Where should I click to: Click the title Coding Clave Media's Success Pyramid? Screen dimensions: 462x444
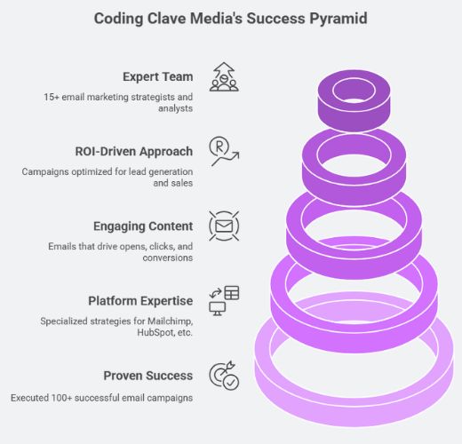coord(231,19)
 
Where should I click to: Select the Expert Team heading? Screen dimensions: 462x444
coord(158,77)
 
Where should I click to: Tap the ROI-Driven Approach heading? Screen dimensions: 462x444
coord(134,152)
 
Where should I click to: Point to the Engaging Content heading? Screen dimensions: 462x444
coord(143,226)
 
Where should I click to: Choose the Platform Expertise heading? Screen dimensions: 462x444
coord(140,301)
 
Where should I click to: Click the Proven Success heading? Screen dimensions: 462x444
coord(148,376)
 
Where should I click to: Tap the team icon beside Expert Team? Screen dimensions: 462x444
coord(224,77)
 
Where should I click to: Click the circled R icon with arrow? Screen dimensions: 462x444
coord(224,151)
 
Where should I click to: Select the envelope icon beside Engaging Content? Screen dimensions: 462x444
coord(224,226)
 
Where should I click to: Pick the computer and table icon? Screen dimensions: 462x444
coord(224,301)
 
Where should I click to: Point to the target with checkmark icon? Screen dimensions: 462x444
coord(224,376)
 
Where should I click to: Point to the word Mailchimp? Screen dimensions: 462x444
coord(171,321)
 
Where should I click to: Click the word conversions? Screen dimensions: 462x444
coord(168,258)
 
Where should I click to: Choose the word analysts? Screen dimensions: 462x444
coord(175,108)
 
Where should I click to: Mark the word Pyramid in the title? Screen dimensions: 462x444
coord(339,19)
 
